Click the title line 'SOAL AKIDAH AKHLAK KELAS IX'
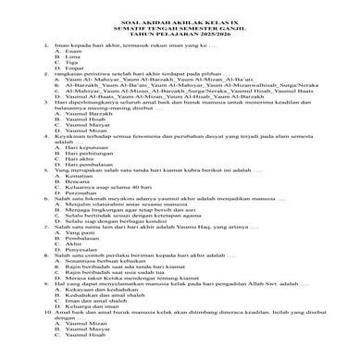pyautogui.click(x=180, y=25)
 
